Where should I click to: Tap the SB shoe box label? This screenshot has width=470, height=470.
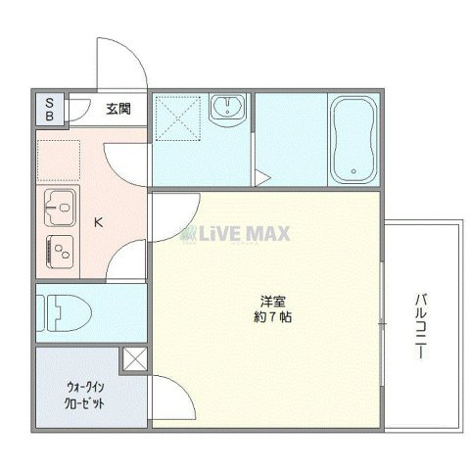coord(50,109)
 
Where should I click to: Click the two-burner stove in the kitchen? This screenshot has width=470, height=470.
coord(60,249)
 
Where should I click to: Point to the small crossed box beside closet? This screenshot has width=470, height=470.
coord(134,359)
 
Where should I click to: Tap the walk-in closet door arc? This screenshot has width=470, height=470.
coord(166,401)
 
